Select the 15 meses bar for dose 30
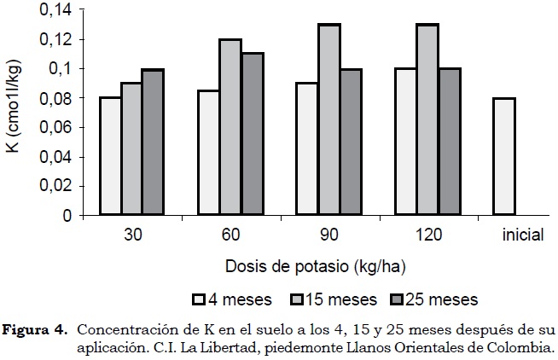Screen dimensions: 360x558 [131, 149]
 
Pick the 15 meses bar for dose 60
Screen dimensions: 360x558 [230, 127]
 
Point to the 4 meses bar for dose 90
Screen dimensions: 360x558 [306, 149]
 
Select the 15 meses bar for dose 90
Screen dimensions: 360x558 [328, 119]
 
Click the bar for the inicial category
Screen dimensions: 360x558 [503, 157]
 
